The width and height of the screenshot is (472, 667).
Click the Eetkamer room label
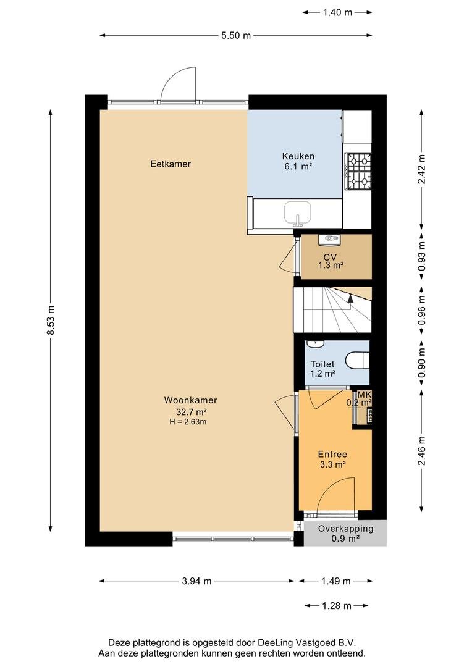point(171,164)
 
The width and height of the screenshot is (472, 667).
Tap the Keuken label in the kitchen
point(298,156)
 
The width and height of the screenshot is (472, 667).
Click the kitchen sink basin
point(298,212)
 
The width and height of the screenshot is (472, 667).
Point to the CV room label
point(330,258)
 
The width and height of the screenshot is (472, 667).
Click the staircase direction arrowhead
point(350,298)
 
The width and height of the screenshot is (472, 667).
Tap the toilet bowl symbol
point(356,360)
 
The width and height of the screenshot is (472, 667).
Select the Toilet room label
point(322,364)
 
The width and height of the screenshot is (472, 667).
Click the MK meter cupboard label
point(365,395)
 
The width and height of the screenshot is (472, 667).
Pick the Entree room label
point(332,455)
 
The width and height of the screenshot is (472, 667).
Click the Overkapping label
point(345,529)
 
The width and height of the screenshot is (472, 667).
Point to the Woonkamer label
point(191,400)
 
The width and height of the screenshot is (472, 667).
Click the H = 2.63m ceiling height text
point(188,422)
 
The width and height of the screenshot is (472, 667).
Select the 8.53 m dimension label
point(51,320)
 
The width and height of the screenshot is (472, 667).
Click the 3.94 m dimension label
point(196,581)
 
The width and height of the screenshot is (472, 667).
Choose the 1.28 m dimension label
point(337,606)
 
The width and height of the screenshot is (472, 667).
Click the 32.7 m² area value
point(192,412)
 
